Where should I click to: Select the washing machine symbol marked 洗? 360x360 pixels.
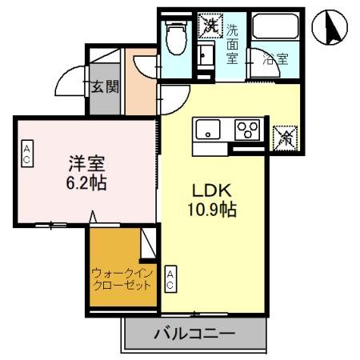(x=210, y=25)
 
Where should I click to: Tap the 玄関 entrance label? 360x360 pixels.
(x=104, y=86)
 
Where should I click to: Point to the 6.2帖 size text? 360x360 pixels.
(x=86, y=183)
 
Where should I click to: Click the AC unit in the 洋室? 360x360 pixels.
(x=26, y=154)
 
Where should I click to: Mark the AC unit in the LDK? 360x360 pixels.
(x=170, y=279)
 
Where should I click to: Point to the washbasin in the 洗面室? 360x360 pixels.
(x=206, y=56)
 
